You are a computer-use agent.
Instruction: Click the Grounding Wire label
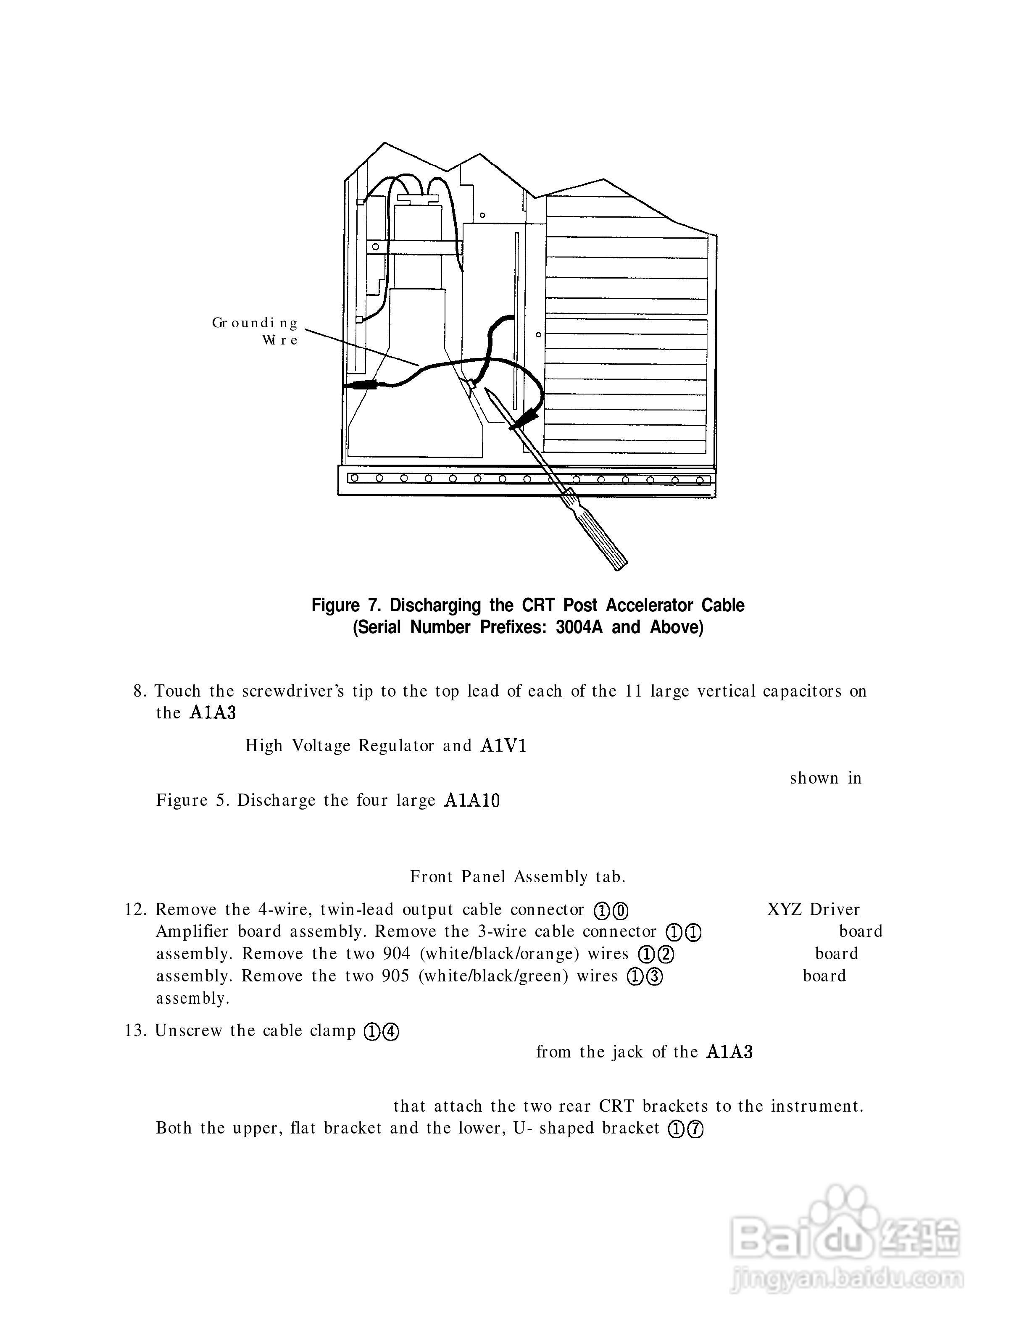point(255,331)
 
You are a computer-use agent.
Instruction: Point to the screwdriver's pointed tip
point(487,390)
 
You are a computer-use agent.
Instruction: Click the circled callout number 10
point(611,911)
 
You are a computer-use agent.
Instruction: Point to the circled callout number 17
point(686,1129)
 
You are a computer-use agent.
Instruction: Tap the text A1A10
point(472,801)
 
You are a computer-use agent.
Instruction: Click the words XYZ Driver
point(813,910)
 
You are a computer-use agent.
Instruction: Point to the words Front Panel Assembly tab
point(518,877)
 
